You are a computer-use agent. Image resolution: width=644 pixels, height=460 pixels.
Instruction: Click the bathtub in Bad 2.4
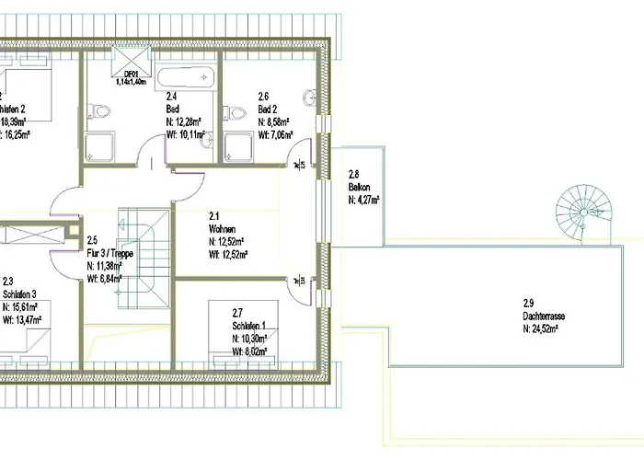click(187, 80)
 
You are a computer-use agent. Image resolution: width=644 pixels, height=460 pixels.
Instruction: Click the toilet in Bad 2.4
click(98, 114)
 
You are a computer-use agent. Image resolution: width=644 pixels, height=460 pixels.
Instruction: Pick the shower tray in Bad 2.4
click(98, 147)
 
